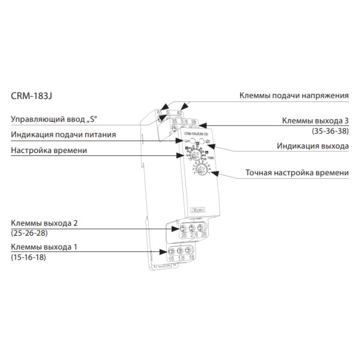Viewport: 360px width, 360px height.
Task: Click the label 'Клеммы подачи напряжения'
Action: tap(294, 95)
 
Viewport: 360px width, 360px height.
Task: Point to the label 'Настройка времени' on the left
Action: tap(49, 150)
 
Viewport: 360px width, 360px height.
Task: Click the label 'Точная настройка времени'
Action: tap(297, 173)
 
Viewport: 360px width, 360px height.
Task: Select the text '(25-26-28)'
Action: tap(29, 232)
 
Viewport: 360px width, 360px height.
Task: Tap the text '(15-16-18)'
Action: tap(28, 257)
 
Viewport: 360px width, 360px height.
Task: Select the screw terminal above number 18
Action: tap(191, 251)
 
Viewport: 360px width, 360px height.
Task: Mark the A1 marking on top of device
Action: tap(160, 112)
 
